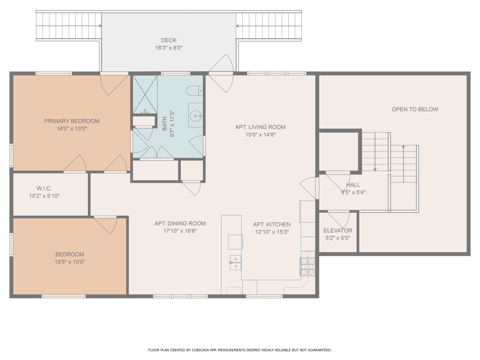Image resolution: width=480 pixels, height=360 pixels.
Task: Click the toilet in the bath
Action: point(194,91)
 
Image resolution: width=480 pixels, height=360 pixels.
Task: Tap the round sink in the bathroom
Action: point(196,116)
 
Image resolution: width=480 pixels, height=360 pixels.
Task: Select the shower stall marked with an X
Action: point(145,94)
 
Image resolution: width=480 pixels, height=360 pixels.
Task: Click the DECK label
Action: point(169,40)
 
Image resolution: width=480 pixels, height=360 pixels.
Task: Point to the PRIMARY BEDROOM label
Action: point(72,121)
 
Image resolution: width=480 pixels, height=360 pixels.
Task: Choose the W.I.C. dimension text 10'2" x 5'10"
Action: point(44,196)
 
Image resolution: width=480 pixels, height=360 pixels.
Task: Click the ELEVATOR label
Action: point(338,230)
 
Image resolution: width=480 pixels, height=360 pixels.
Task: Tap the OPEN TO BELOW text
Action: point(415,109)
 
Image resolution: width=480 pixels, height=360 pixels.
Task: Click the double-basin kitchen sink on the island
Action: point(235,262)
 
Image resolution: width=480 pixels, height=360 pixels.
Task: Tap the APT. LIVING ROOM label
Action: point(260,127)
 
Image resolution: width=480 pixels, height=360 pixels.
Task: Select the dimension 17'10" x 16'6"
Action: point(180,231)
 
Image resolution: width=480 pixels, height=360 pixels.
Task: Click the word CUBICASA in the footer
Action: point(200,350)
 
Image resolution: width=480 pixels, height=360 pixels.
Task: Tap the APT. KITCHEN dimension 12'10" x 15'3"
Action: point(272,232)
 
